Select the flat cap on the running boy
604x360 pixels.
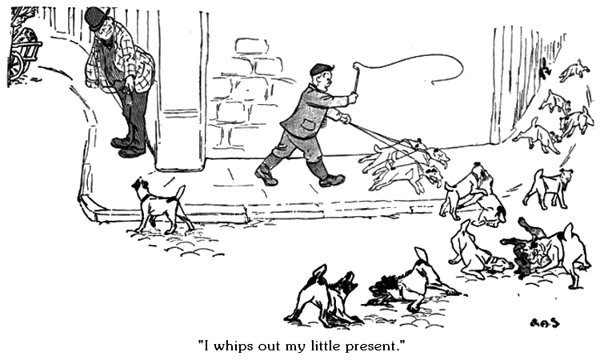321,70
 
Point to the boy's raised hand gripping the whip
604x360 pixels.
353,98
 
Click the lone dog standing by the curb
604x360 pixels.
158,205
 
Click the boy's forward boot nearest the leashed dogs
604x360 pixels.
330,179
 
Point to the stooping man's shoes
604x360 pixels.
128,148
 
